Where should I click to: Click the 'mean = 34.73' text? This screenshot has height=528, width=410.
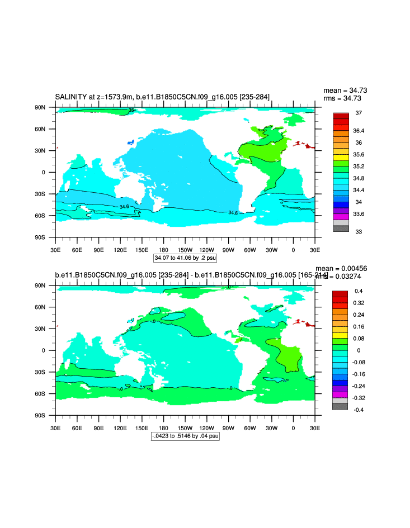345,91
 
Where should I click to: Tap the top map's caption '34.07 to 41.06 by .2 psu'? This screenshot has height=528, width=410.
185,258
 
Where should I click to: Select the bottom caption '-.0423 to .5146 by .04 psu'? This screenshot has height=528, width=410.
185,436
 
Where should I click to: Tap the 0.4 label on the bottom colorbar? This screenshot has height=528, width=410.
359,291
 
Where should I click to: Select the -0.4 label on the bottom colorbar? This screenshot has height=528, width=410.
359,410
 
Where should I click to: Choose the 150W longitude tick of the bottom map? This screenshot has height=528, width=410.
185,427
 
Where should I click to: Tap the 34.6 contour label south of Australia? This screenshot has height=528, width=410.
124,207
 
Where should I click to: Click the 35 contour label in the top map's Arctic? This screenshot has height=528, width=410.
131,110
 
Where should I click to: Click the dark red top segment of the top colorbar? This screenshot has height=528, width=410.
341,116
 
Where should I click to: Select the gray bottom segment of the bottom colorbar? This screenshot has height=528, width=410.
340,406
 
